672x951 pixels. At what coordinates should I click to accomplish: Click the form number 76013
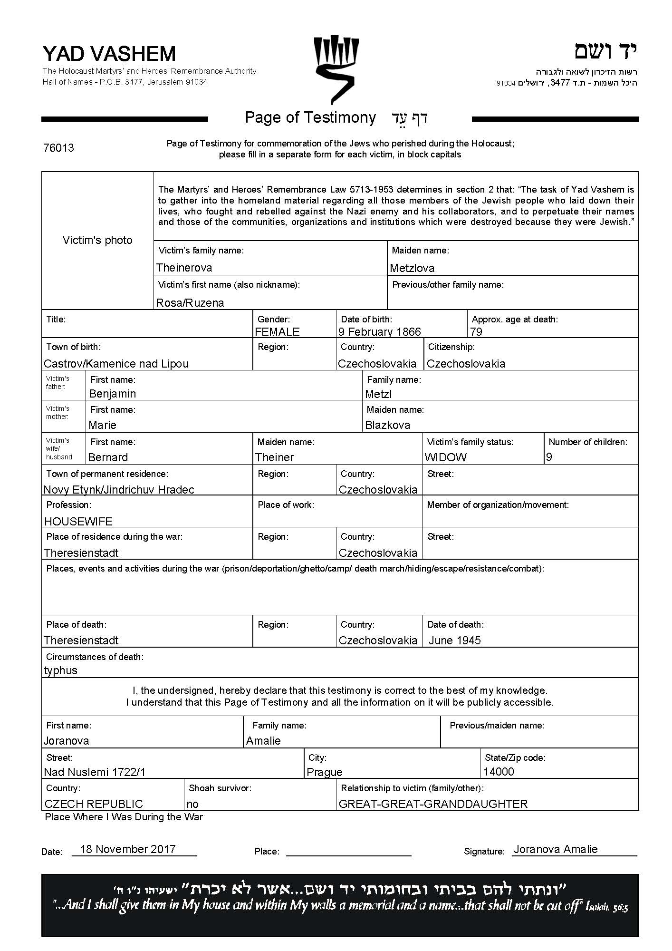coord(58,148)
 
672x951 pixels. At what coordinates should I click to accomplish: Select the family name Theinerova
coord(184,268)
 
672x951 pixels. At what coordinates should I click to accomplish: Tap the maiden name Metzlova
coord(412,268)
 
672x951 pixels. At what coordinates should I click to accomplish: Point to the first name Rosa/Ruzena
coord(190,303)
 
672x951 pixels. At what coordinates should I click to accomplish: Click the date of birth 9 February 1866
coord(379,332)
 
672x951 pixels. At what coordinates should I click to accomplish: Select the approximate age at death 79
coord(476,332)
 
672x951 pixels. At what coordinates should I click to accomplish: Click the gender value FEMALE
coord(277,332)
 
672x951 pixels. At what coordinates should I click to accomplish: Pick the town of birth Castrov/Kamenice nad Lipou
coord(116,364)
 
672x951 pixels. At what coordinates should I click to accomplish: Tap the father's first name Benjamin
coord(113,394)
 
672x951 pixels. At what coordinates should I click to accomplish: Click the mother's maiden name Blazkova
coord(387,425)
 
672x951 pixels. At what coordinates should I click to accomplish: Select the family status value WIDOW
coord(446,457)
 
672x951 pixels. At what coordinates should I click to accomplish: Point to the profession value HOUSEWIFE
coord(78,522)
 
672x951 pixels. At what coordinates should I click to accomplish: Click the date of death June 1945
coord(454,640)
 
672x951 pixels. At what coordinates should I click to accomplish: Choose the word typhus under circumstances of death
coord(61,670)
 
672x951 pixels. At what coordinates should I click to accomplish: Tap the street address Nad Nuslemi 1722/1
coord(95,772)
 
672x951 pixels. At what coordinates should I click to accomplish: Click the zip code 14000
coord(499,771)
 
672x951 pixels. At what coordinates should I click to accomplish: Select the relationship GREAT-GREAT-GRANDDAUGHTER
coord(433,804)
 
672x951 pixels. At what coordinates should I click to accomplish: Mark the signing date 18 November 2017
coord(128,849)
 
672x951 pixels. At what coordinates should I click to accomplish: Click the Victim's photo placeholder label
coord(97,240)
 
